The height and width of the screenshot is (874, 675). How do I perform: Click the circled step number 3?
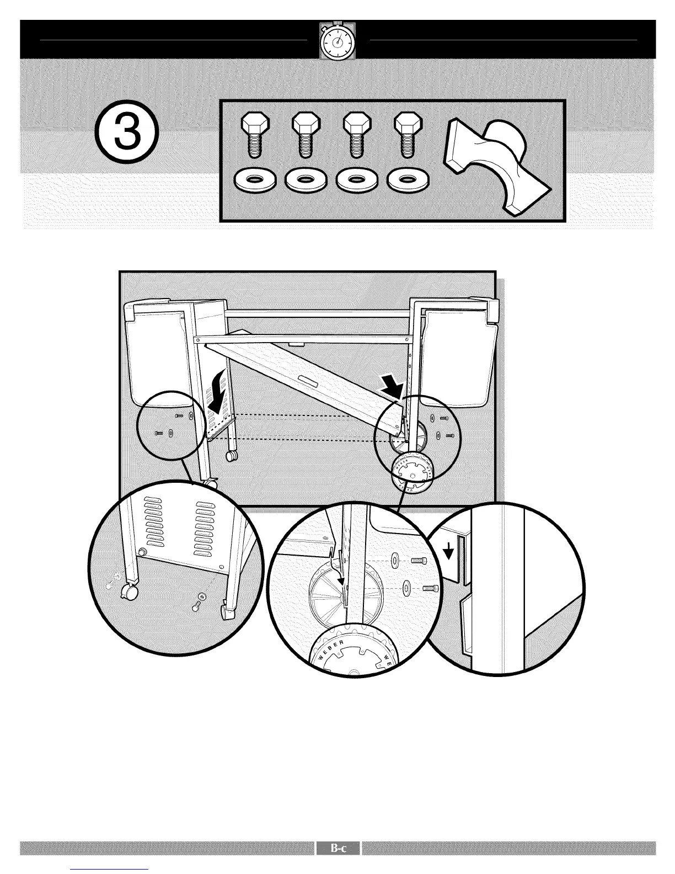tap(127, 135)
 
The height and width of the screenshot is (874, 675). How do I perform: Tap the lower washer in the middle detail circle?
tap(406, 588)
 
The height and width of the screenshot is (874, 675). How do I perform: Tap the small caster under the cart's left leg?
tap(231, 456)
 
